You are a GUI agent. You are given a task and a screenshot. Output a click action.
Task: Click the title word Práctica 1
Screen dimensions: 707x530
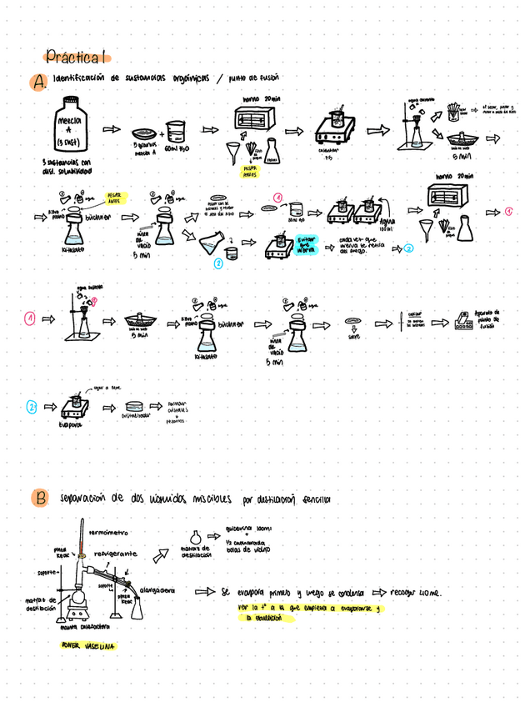coord(76,58)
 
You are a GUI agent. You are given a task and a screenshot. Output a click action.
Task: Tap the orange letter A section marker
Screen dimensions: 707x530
coord(37,82)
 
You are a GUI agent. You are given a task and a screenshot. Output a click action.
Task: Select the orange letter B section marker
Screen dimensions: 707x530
coord(38,499)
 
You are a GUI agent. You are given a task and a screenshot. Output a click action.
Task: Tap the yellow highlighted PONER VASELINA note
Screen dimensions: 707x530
coord(88,645)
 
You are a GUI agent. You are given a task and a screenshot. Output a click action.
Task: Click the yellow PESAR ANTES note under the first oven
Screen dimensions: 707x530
coord(250,171)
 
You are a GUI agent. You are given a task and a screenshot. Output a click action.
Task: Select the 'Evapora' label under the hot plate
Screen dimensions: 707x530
coord(71,424)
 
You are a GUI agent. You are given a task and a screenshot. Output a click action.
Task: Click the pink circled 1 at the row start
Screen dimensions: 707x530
coord(29,318)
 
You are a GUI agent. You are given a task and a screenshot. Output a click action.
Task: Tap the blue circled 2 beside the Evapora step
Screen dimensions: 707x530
coord(32,407)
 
